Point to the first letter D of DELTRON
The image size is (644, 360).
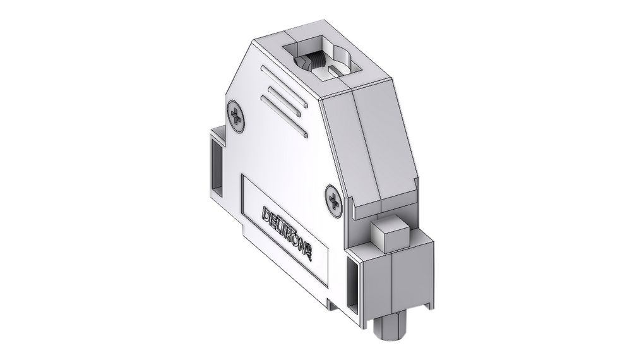coord(266,212)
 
